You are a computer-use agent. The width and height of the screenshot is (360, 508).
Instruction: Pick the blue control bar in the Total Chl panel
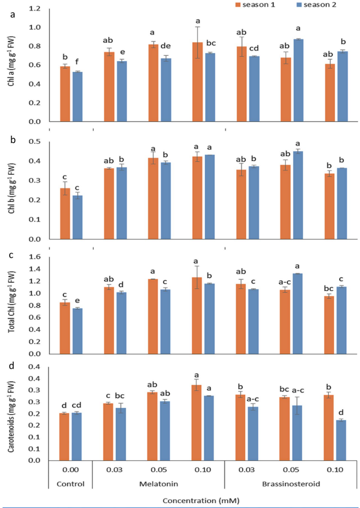pyautogui.click(x=77, y=330)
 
